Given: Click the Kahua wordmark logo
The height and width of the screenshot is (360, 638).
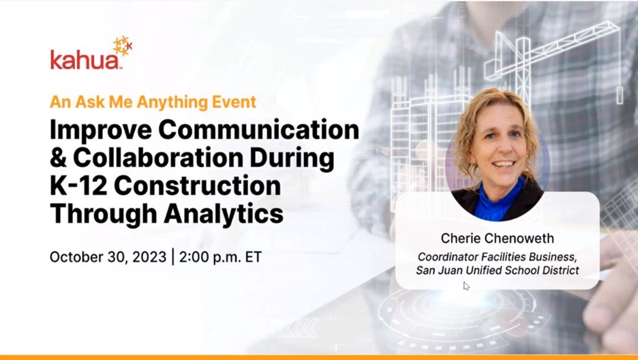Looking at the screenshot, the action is click(85, 60).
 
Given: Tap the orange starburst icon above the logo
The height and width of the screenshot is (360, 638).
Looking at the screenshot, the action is click(123, 46).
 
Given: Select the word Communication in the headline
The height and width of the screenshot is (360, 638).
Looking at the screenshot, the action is click(258, 130).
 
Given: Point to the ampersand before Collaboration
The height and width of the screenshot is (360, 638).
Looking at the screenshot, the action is click(58, 157).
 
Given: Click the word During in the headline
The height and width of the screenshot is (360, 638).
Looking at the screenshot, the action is click(292, 157).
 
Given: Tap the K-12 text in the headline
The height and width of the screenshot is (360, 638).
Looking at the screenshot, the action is click(78, 186).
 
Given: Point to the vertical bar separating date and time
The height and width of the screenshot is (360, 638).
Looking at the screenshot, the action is click(173, 257).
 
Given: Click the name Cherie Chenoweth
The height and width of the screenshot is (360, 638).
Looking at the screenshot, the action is click(497, 239).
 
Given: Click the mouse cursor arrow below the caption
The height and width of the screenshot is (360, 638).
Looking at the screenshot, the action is click(466, 286).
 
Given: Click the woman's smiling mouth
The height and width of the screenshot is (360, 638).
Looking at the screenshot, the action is click(504, 164).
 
